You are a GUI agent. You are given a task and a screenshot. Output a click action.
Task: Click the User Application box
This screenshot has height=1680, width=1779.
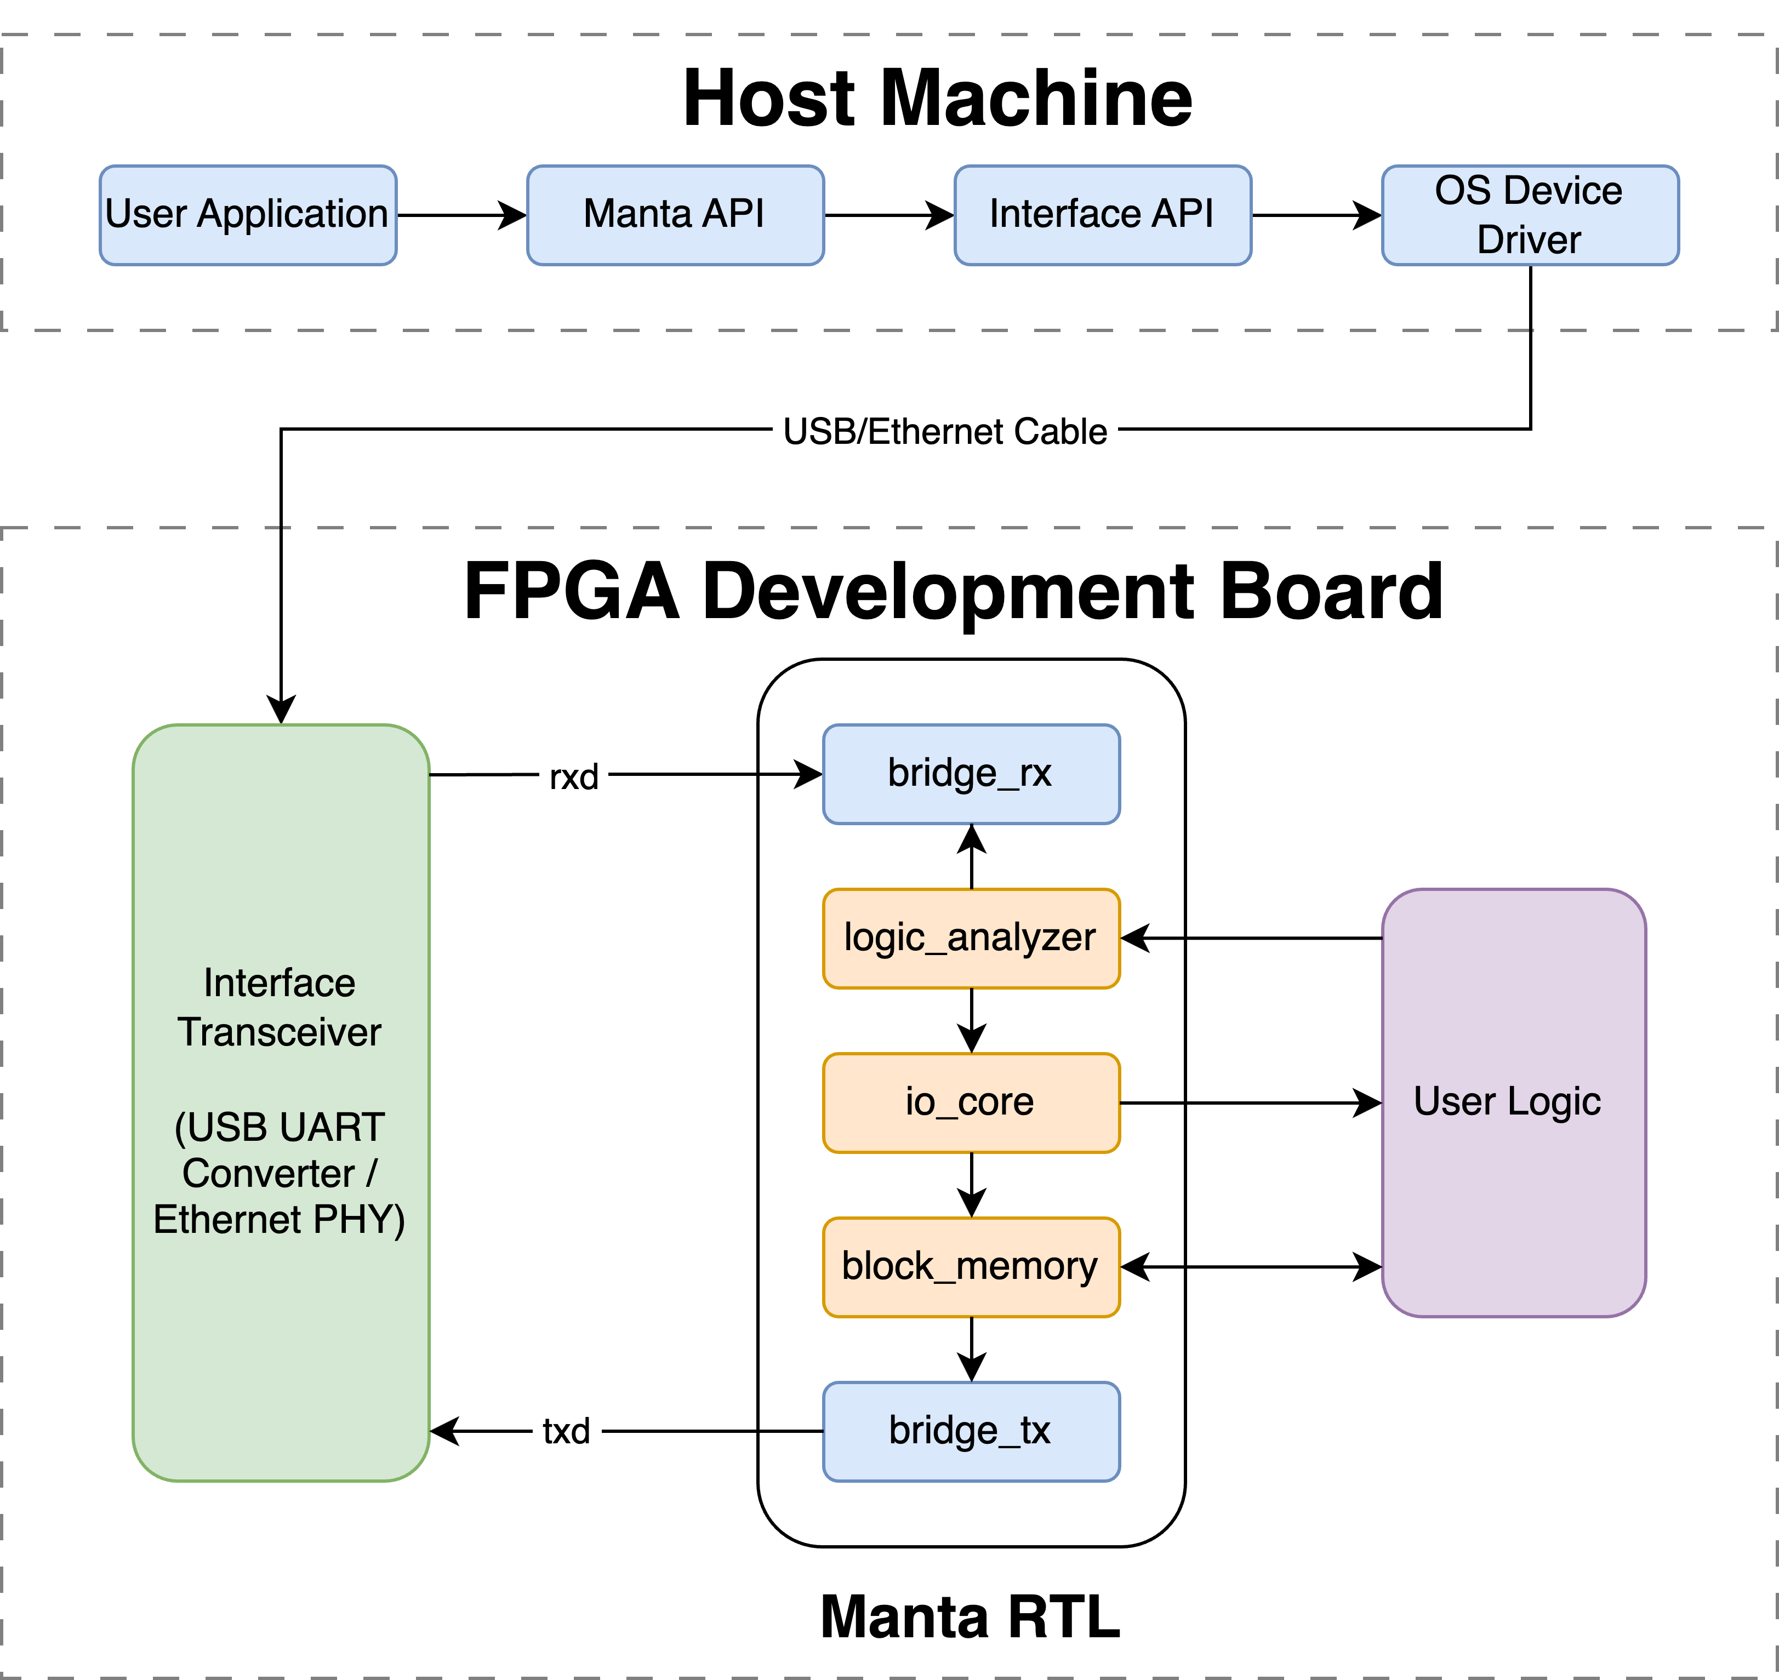pos(247,215)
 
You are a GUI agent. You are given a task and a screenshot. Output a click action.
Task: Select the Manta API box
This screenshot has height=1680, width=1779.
pos(675,215)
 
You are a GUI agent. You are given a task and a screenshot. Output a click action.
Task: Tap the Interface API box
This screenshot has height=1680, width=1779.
pos(1102,215)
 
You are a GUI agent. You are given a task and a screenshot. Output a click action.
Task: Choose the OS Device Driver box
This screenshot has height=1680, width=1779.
pos(1529,215)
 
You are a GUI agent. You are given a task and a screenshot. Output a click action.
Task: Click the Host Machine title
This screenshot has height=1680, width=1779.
pos(937,99)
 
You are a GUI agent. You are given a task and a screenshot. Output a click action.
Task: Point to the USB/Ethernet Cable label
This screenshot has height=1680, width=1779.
pos(944,432)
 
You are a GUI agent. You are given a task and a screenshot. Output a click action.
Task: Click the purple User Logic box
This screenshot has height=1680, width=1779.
pos(1513,1102)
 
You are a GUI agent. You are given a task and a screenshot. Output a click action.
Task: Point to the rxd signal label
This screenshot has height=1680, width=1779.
pos(573,776)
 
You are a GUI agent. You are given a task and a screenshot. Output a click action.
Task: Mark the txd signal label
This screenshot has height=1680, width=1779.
pos(566,1431)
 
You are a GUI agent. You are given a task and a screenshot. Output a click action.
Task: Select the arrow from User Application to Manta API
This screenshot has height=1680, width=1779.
pos(461,215)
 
